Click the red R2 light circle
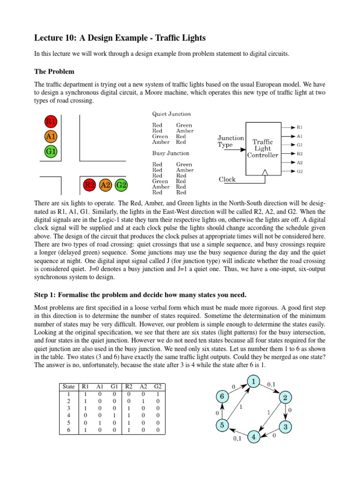tap(89, 185)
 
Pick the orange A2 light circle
tap(105, 185)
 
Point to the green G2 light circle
tap(121, 185)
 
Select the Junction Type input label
tap(231, 141)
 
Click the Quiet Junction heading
tap(172, 114)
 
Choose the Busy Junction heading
tap(171, 153)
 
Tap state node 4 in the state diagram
tap(254, 437)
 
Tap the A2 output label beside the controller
tap(300, 162)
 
